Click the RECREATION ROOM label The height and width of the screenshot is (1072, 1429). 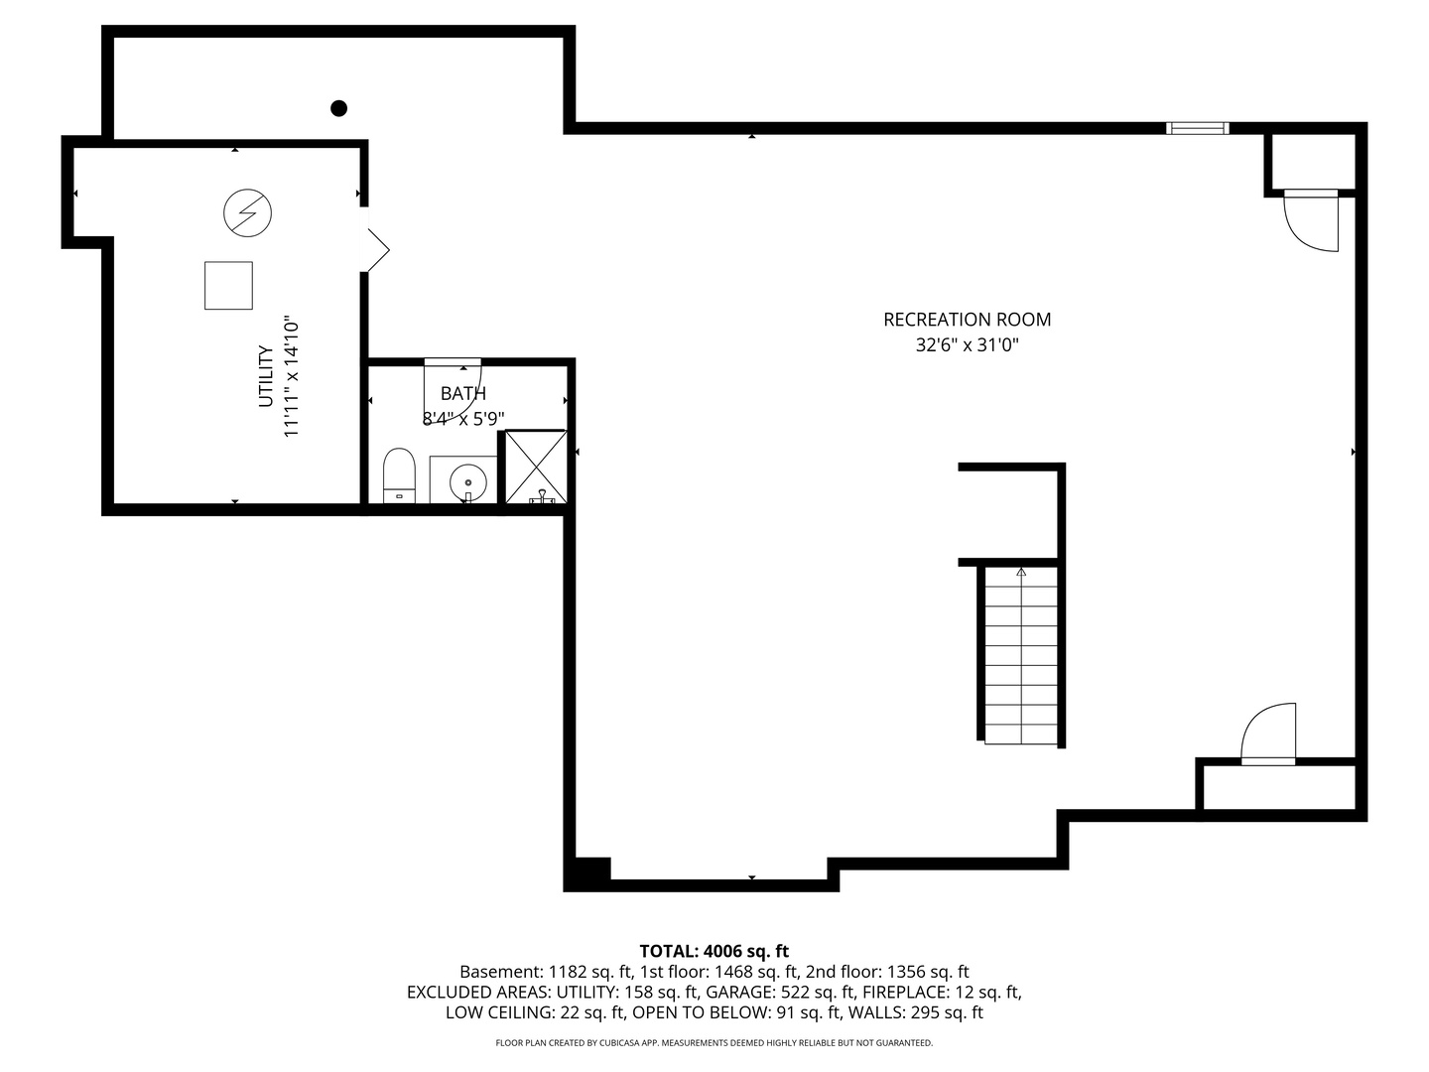967,320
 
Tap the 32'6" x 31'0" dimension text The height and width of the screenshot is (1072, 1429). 967,345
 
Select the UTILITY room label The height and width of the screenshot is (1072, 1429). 266,376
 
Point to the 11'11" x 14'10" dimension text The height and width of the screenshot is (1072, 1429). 292,377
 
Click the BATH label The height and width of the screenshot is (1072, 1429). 463,394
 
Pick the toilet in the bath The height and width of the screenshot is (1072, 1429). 399,475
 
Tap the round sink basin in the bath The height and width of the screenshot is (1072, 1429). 467,483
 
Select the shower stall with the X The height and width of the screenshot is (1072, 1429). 536,466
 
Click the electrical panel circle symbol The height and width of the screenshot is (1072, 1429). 247,212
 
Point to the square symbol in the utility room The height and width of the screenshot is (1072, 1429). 228,286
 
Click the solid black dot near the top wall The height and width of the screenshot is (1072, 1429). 338,108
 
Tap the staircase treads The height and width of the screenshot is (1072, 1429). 1020,655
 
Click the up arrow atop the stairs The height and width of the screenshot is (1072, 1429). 1021,572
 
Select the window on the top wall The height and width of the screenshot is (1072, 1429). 1197,128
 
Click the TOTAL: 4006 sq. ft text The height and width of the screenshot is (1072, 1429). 714,952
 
